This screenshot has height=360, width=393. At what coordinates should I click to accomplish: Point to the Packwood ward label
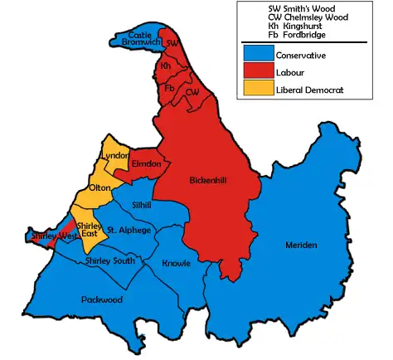(102, 298)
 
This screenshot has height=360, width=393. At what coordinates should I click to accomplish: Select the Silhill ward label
(142, 203)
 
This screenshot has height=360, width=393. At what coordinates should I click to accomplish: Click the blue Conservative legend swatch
(256, 56)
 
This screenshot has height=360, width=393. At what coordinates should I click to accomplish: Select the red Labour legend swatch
(256, 72)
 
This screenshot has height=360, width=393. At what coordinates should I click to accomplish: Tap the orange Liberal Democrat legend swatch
(256, 89)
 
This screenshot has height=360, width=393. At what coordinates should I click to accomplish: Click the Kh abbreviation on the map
(166, 65)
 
